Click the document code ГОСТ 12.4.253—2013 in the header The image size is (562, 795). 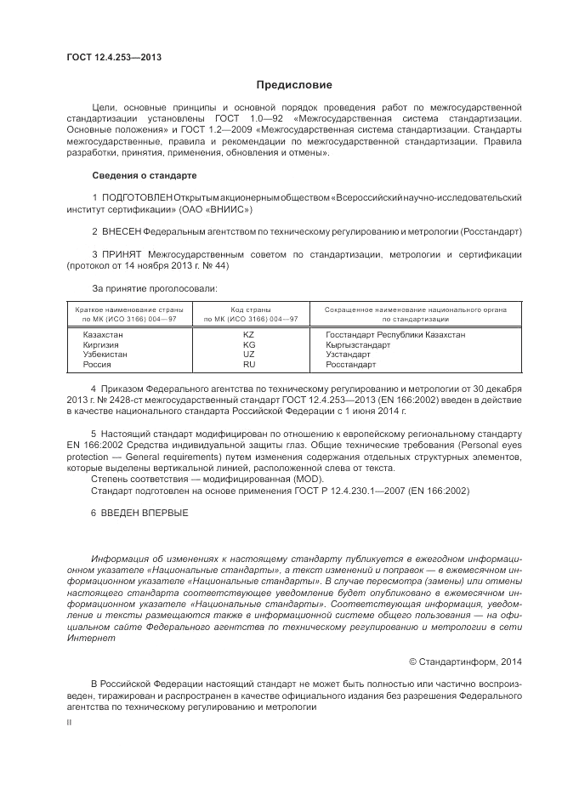pos(114,58)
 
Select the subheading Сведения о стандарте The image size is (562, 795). pos(144,175)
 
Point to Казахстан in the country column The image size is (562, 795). pos(103,335)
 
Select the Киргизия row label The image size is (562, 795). pos(101,344)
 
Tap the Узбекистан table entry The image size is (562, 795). pos(105,354)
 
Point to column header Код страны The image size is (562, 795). pos(250,309)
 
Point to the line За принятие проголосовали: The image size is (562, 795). pos(144,288)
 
